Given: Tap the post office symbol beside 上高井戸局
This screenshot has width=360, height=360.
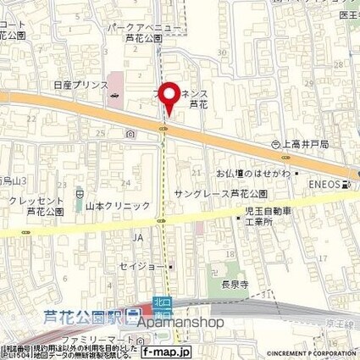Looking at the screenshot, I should [276, 145].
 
